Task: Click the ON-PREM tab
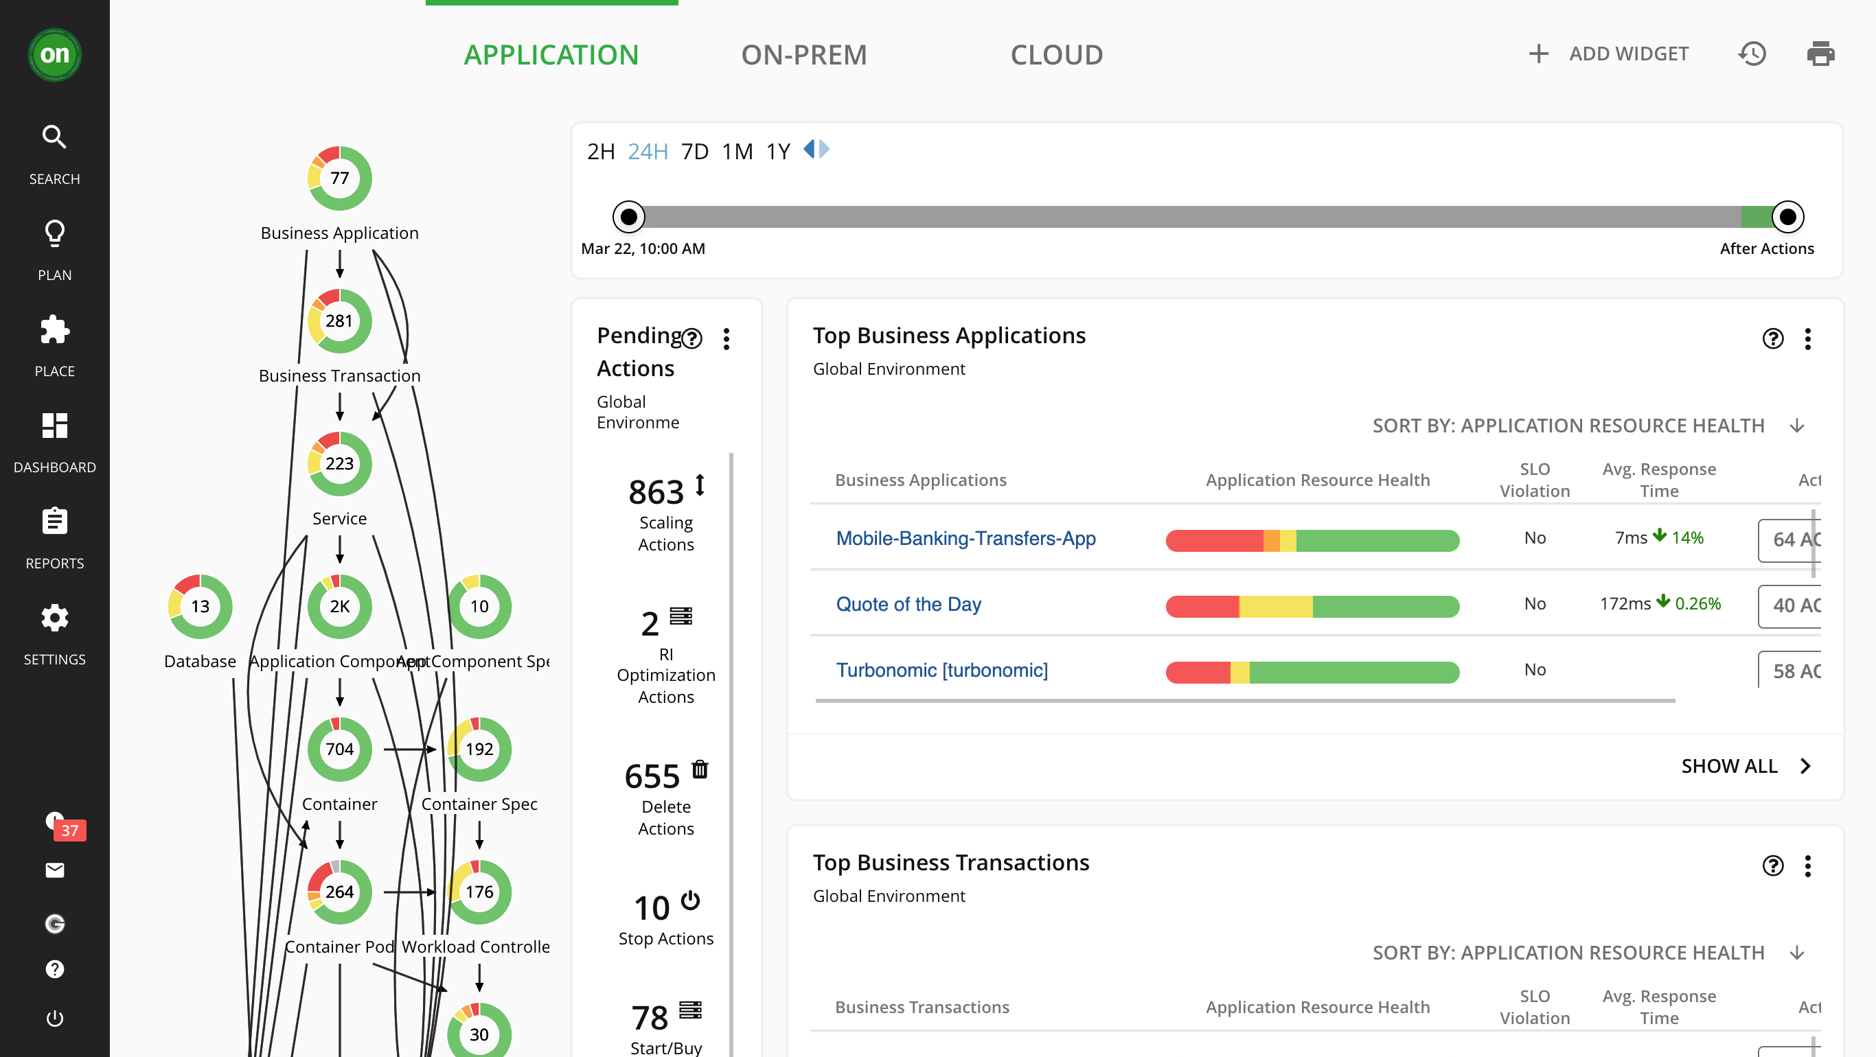click(803, 55)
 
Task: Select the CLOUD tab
click(1056, 55)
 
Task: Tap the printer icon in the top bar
click(1820, 54)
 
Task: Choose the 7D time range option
click(694, 152)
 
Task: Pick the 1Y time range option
click(777, 152)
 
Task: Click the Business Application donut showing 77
click(339, 178)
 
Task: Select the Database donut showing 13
click(200, 606)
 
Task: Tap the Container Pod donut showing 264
click(339, 892)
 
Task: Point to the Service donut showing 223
click(339, 464)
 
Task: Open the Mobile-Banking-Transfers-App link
click(965, 539)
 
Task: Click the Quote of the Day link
click(908, 604)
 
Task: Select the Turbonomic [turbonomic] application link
click(941, 671)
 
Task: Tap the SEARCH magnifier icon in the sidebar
click(55, 137)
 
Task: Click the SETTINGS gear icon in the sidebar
click(55, 618)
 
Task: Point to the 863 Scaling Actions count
click(656, 492)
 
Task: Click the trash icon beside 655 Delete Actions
click(700, 769)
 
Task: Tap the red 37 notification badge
click(70, 830)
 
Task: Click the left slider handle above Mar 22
click(628, 217)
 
